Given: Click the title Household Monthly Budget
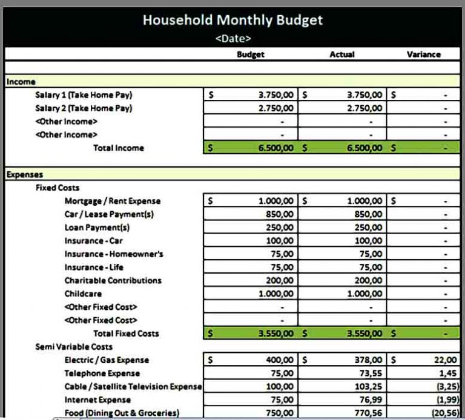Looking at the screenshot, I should pos(232,20).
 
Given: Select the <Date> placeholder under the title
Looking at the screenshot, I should pos(232,39).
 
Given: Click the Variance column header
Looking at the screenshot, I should pos(424,54).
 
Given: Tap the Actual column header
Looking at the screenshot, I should pos(342,54).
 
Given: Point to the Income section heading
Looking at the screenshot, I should pos(21,82).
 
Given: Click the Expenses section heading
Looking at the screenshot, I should pos(25,175).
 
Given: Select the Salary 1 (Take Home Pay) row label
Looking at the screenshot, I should pos(84,95).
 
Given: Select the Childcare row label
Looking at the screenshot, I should pos(83,294).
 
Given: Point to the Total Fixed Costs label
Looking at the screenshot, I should pos(126,333).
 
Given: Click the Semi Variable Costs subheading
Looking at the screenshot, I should pos(74,347).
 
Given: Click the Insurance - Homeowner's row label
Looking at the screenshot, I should pos(114,254).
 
